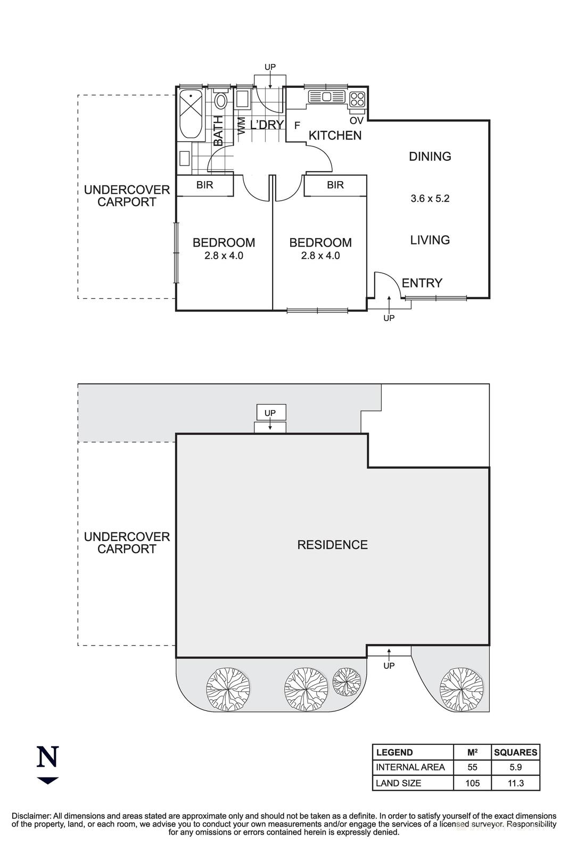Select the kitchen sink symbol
click(x=326, y=97)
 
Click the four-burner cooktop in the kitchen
click(x=357, y=99)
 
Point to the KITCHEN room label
click(x=335, y=135)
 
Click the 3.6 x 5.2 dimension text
click(x=430, y=199)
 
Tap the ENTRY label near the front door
click(x=422, y=283)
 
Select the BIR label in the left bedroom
click(x=205, y=185)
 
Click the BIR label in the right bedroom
click(x=335, y=185)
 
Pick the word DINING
click(x=430, y=157)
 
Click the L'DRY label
click(x=267, y=126)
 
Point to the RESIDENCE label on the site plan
click(x=332, y=545)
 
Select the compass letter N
click(x=47, y=757)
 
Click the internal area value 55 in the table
click(x=472, y=767)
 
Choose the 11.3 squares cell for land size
click(x=515, y=783)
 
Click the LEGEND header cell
click(x=394, y=752)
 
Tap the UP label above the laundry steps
click(x=270, y=67)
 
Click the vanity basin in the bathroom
click(x=185, y=158)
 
